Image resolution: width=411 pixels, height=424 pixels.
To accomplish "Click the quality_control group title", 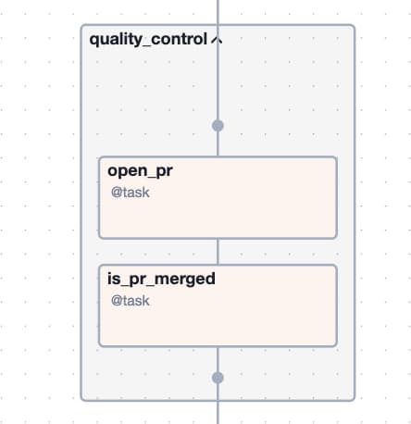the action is [148, 40].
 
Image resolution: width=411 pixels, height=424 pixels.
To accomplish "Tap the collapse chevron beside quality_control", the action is [217, 40].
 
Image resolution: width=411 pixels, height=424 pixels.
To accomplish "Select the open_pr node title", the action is [140, 171].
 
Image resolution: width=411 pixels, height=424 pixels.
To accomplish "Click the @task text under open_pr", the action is [131, 193].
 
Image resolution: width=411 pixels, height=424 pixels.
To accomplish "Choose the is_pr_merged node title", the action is [161, 280].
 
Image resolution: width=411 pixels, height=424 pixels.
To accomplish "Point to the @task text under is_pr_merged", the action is [131, 301].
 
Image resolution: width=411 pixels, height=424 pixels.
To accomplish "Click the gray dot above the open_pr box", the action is [218, 126].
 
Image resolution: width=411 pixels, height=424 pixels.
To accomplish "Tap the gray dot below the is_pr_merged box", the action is [218, 378].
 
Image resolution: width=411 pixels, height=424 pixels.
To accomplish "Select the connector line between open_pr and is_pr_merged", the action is [218, 252].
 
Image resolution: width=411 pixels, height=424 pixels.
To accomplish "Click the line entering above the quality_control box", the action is [218, 12].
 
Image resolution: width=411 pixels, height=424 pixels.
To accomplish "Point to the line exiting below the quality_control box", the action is [218, 412].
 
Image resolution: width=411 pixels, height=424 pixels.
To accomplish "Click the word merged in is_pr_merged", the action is [184, 280].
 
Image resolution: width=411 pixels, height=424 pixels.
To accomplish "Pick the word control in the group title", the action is [179, 39].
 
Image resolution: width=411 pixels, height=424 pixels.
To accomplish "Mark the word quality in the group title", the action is [116, 40].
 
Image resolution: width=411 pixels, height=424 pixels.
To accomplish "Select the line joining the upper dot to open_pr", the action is [218, 144].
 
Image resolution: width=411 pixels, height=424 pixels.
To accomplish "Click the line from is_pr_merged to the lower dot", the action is [218, 359].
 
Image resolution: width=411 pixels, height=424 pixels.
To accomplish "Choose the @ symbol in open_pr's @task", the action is [116, 193].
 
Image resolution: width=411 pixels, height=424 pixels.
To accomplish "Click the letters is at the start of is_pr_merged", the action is [114, 279].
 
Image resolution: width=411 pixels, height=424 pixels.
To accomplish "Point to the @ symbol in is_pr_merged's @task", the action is [116, 301].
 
